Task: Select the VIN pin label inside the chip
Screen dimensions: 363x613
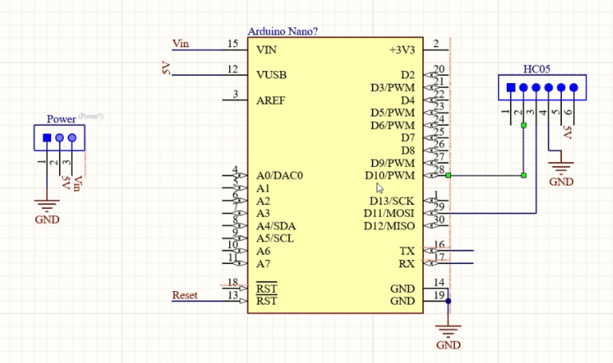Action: (x=266, y=50)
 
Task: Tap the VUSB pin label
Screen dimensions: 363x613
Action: (x=271, y=75)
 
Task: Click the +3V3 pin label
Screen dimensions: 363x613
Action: (x=401, y=50)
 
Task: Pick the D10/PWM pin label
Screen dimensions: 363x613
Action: (x=390, y=175)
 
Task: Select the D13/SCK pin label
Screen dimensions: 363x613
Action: (x=392, y=201)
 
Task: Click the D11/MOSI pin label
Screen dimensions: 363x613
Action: (x=390, y=213)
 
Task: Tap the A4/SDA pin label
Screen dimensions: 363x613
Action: (x=275, y=226)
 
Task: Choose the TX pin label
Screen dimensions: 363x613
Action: (x=407, y=251)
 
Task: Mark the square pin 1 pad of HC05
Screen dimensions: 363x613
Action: (x=511, y=87)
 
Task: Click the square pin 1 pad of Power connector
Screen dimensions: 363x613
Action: (x=46, y=138)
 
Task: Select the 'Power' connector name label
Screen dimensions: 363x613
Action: (x=61, y=119)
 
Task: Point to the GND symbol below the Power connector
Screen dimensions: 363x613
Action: (x=48, y=206)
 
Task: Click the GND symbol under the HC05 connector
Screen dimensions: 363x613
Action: (x=561, y=169)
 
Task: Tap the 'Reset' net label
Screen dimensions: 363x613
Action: (x=184, y=296)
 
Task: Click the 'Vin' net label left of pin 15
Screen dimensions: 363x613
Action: (x=181, y=43)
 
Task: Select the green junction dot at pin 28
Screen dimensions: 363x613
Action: (x=449, y=175)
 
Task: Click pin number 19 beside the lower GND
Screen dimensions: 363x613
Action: (x=438, y=296)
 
